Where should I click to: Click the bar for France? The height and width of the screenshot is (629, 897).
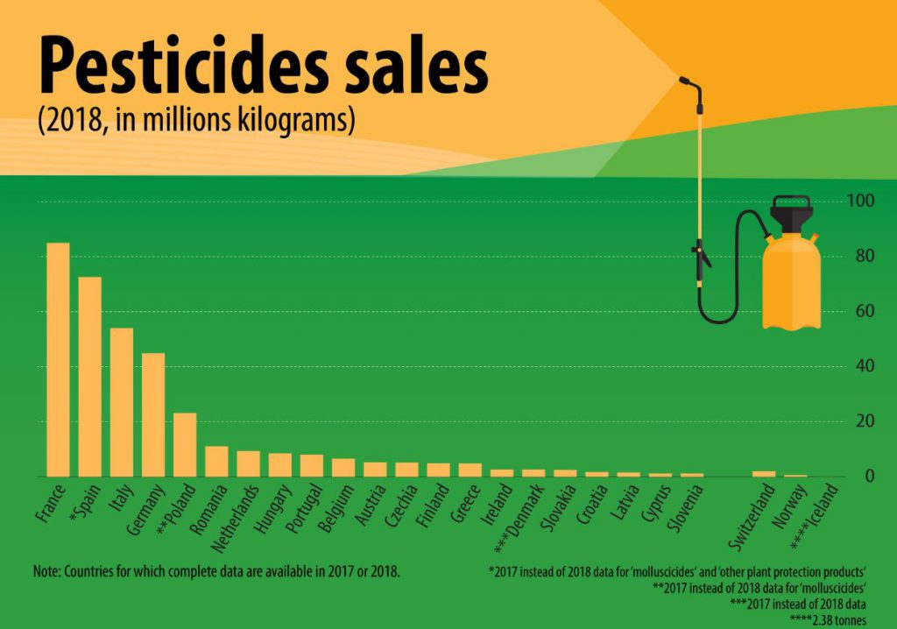(58, 359)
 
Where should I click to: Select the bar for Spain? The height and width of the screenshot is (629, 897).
(89, 377)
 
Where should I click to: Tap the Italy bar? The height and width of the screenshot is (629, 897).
(121, 402)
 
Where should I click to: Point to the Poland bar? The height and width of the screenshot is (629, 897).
(185, 444)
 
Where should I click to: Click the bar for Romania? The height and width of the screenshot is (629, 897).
(216, 461)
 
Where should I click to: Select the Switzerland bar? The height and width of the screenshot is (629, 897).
(764, 474)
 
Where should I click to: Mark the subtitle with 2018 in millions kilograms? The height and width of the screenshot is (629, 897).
(196, 121)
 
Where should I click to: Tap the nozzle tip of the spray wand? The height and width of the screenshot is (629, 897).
(683, 81)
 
